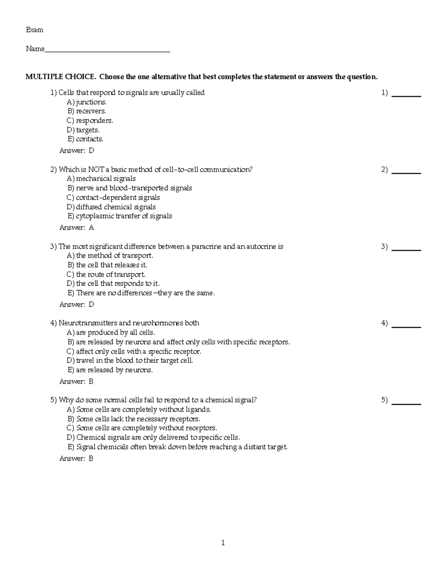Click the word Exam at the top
pyautogui.click(x=34, y=30)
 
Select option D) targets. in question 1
pyautogui.click(x=83, y=130)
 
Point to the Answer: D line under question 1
pyautogui.click(x=77, y=151)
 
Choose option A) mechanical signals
pyautogui.click(x=101, y=179)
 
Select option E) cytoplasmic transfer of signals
pyautogui.click(x=119, y=216)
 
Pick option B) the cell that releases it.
pyautogui.click(x=107, y=265)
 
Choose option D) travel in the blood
pyautogui.click(x=130, y=360)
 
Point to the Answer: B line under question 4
pyautogui.click(x=76, y=381)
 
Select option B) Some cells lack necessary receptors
pyautogui.click(x=134, y=419)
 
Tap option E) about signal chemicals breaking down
pyautogui.click(x=177, y=447)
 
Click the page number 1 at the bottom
pyautogui.click(x=223, y=543)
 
